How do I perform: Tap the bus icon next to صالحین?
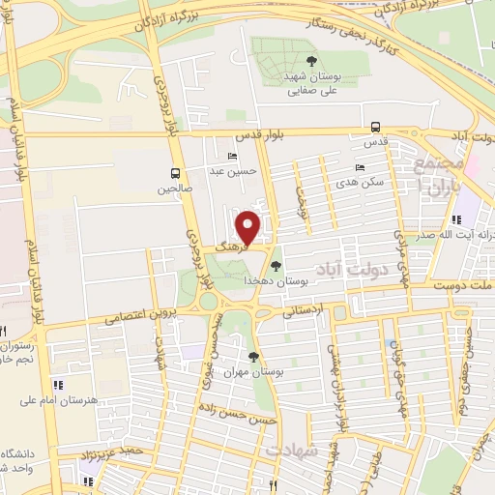(x=174, y=174)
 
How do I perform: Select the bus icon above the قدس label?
(x=376, y=127)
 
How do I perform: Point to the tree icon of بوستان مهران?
(x=253, y=356)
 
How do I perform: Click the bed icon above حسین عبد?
(x=231, y=157)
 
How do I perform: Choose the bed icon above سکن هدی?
(x=360, y=167)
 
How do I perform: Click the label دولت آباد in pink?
(x=352, y=270)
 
